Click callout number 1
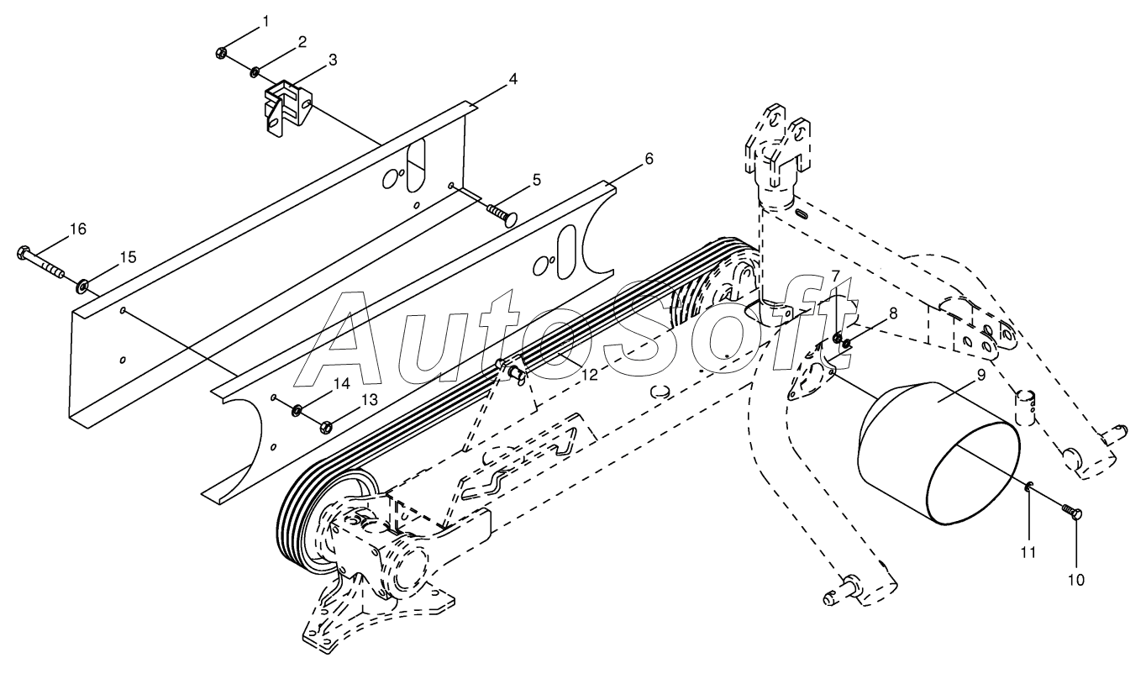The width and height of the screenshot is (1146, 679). coord(266,20)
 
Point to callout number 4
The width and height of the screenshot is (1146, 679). coord(512,79)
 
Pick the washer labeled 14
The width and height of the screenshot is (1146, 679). coord(297,411)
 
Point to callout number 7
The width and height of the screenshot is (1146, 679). coord(836,275)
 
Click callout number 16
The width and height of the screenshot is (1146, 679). coord(77,229)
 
